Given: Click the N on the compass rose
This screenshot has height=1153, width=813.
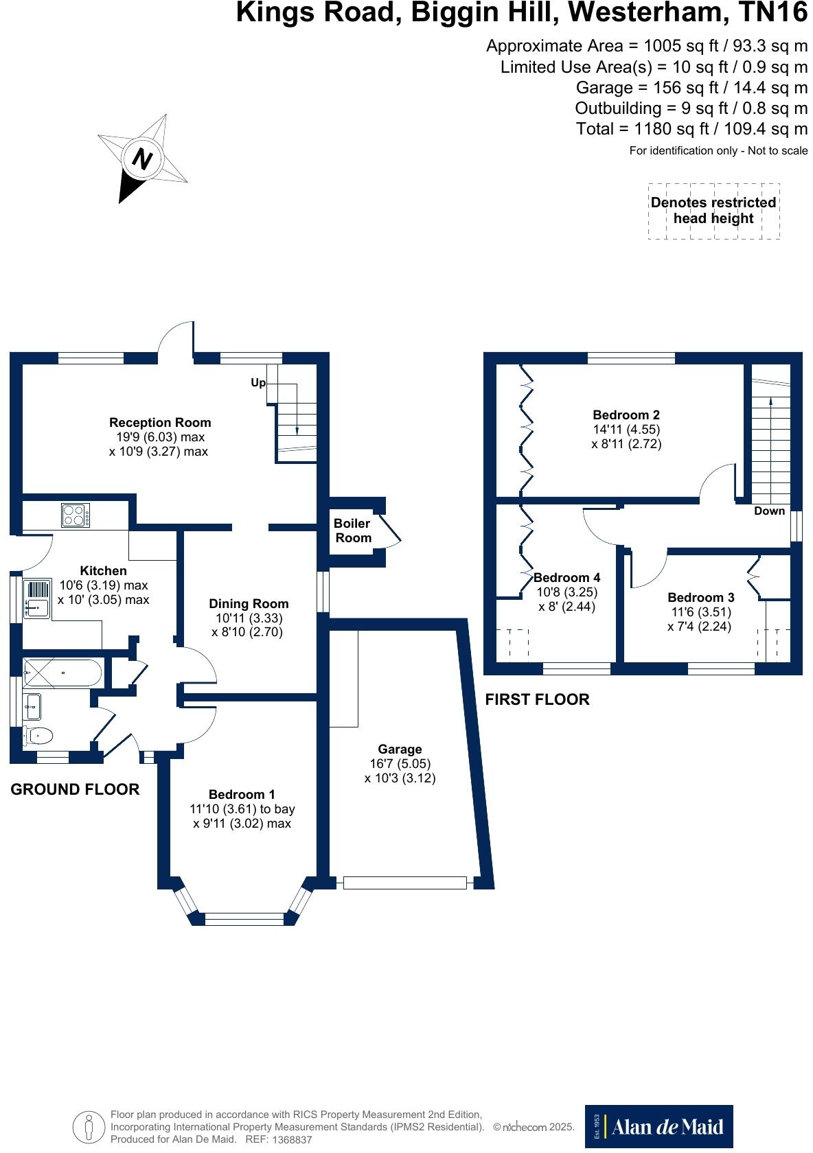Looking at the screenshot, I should point(143,160).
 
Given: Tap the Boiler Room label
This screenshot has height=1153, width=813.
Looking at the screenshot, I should point(353,531).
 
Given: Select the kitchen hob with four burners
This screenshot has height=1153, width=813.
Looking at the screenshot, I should point(76,515).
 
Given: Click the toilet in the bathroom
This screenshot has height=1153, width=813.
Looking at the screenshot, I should point(38,735).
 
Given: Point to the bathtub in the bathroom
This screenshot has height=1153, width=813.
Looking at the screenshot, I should point(62,673).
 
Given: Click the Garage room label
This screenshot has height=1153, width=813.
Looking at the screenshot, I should point(400,749).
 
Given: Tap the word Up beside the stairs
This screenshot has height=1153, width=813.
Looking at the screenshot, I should point(258,383).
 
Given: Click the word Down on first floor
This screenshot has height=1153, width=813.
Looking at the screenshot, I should point(769,511).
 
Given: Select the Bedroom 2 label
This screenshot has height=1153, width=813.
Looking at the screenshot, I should point(626,415).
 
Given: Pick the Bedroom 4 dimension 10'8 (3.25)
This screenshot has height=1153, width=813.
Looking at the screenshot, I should point(567,592).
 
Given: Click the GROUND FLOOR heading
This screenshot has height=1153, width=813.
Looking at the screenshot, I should point(75,789).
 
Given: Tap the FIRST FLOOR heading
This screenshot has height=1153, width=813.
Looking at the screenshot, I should point(537,699).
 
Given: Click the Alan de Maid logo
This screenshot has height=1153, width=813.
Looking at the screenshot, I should point(659,1126).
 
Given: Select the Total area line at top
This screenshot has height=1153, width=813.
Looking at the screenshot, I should point(691,128).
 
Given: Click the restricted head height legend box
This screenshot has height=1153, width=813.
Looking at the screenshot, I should point(713,211).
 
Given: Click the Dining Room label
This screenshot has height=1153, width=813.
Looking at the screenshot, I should point(249,604).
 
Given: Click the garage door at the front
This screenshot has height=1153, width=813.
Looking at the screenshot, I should point(404,883).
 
